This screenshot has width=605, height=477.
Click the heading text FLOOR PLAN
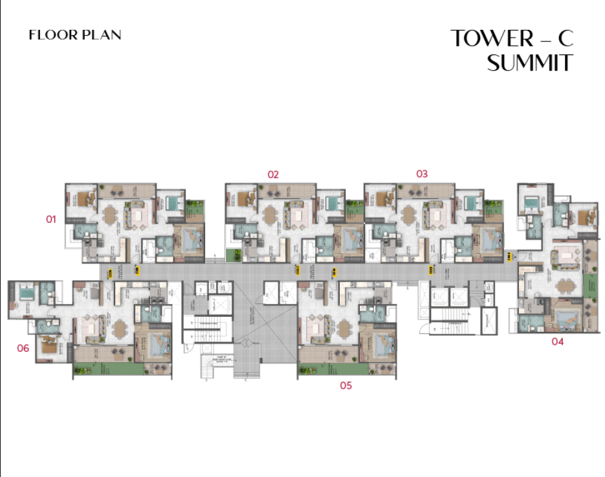75,35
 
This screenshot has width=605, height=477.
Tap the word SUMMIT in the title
530,63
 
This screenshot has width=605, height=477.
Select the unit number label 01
51,219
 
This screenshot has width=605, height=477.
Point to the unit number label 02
273,174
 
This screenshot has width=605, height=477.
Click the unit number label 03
422,174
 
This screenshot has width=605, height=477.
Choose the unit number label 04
557,342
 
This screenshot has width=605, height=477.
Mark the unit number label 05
346,386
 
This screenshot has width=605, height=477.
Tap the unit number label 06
23,348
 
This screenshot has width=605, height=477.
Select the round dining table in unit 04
565,285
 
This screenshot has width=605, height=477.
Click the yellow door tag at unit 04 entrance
511,257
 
